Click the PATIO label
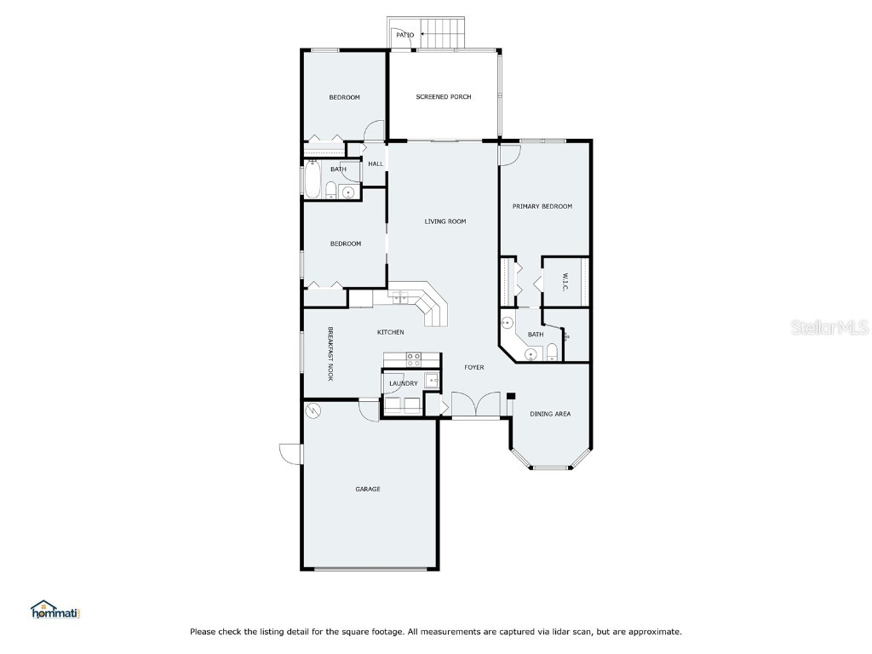(405, 35)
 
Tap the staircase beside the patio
(442, 33)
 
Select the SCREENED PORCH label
(443, 97)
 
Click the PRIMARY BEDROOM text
(542, 206)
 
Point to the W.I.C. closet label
(565, 283)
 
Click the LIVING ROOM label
(445, 221)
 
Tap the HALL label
(375, 163)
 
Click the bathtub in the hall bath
(312, 181)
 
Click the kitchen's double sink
(400, 296)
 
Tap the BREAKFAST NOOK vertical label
(330, 353)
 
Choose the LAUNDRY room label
(403, 383)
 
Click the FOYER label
(473, 367)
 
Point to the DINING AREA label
(550, 414)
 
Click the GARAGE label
(368, 489)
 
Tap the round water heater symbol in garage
(313, 411)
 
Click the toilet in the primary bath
(552, 353)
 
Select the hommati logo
(54, 610)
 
